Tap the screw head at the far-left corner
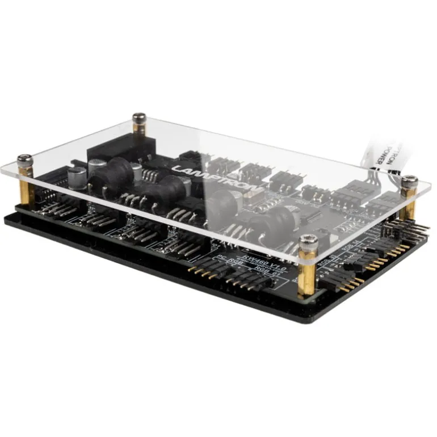click(24, 159)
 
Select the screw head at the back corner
click(139, 117)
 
